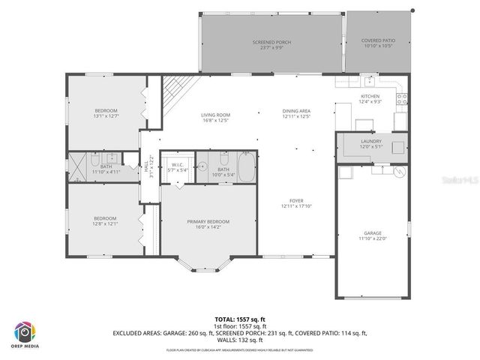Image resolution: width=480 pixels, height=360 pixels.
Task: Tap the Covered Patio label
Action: [x=378, y=40]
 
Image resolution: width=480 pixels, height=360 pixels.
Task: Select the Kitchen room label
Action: [x=370, y=97]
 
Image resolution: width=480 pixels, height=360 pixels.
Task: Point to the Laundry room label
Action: [x=371, y=141]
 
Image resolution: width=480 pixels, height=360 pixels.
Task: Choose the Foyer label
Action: [x=297, y=201]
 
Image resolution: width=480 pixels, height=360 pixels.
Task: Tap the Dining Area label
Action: [x=296, y=111]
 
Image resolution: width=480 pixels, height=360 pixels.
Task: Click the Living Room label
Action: [x=215, y=115]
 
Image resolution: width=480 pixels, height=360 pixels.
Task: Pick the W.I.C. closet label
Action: [x=178, y=165]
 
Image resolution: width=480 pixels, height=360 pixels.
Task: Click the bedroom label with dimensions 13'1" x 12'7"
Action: [x=105, y=111]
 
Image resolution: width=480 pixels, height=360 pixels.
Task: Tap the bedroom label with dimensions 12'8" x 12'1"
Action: [x=104, y=218]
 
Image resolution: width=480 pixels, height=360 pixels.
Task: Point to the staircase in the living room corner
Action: [x=177, y=91]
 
